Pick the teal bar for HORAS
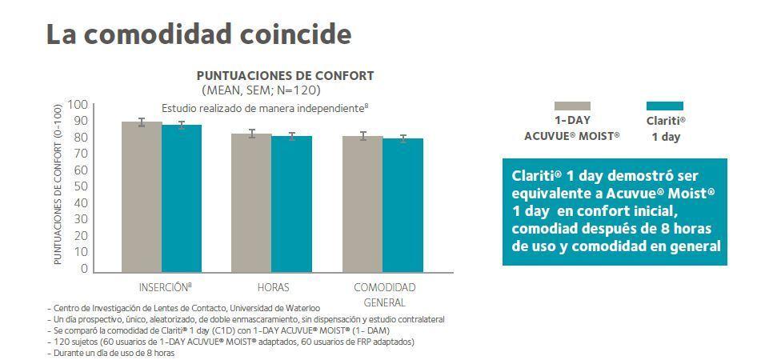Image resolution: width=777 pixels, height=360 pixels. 291,204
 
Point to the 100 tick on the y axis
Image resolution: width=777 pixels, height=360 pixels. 78,105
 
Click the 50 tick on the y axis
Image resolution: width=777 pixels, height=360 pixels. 80,187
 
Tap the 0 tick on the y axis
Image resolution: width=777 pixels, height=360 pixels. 83,269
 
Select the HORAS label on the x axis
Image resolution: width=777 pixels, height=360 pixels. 273,287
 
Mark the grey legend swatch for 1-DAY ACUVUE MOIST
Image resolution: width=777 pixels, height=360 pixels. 571,106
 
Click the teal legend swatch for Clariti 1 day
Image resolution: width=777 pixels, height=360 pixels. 664,106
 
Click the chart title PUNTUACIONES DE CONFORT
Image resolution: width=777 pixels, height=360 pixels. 286,75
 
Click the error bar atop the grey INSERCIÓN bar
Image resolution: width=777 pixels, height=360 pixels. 142,122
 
